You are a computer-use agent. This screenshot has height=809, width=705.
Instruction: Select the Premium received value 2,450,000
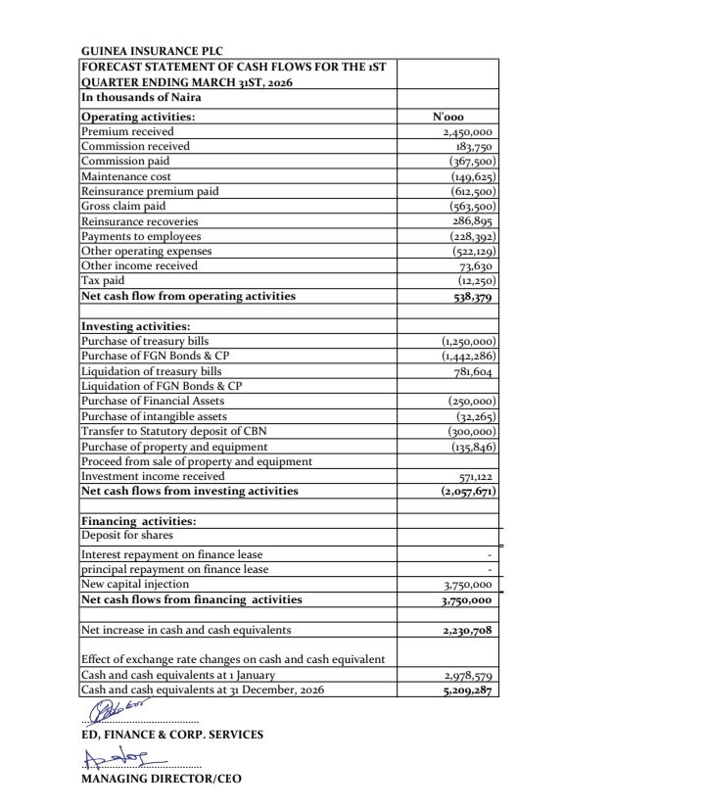click(467, 132)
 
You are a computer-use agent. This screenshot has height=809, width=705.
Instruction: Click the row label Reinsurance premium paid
click(150, 192)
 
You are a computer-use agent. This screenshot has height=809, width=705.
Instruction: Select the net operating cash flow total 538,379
click(471, 297)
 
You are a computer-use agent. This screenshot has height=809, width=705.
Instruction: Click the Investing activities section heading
click(135, 326)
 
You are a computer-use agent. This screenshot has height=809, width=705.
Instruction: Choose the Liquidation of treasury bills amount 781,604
click(473, 371)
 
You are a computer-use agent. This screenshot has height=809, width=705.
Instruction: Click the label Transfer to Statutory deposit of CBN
click(173, 431)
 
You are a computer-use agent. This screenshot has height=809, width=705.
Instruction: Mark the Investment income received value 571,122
click(473, 476)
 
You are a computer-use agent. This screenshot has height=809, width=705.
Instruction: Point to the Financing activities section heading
click(138, 521)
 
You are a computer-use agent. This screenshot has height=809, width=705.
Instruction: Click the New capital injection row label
click(131, 585)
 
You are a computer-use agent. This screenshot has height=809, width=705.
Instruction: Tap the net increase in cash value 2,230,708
click(468, 631)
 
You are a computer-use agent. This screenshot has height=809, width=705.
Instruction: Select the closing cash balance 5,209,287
click(468, 690)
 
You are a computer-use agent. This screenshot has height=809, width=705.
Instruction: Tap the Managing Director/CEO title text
click(160, 780)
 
